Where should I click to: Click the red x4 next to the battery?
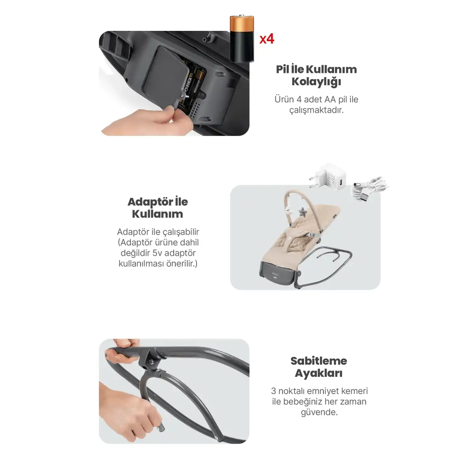(x=266, y=39)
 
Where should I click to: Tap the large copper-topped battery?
(x=242, y=38)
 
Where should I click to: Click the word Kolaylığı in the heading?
(x=316, y=82)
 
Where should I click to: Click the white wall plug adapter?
(x=327, y=177)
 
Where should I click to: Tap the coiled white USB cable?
(x=369, y=187)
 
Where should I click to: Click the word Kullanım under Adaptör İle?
(x=158, y=214)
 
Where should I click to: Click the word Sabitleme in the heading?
(x=319, y=361)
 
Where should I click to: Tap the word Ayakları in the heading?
(x=319, y=373)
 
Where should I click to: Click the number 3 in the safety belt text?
(x=274, y=391)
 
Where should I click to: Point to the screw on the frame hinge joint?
(x=151, y=361)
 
